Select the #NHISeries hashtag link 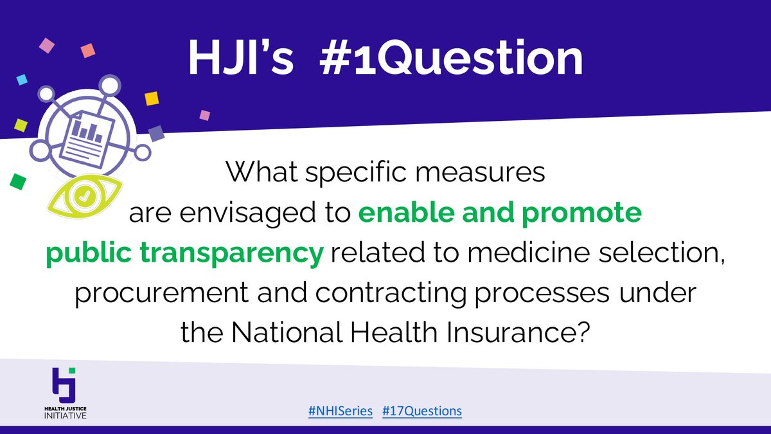[x=341, y=411]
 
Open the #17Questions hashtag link [x=421, y=411]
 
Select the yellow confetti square [x=152, y=98]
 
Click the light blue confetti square [x=22, y=79]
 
